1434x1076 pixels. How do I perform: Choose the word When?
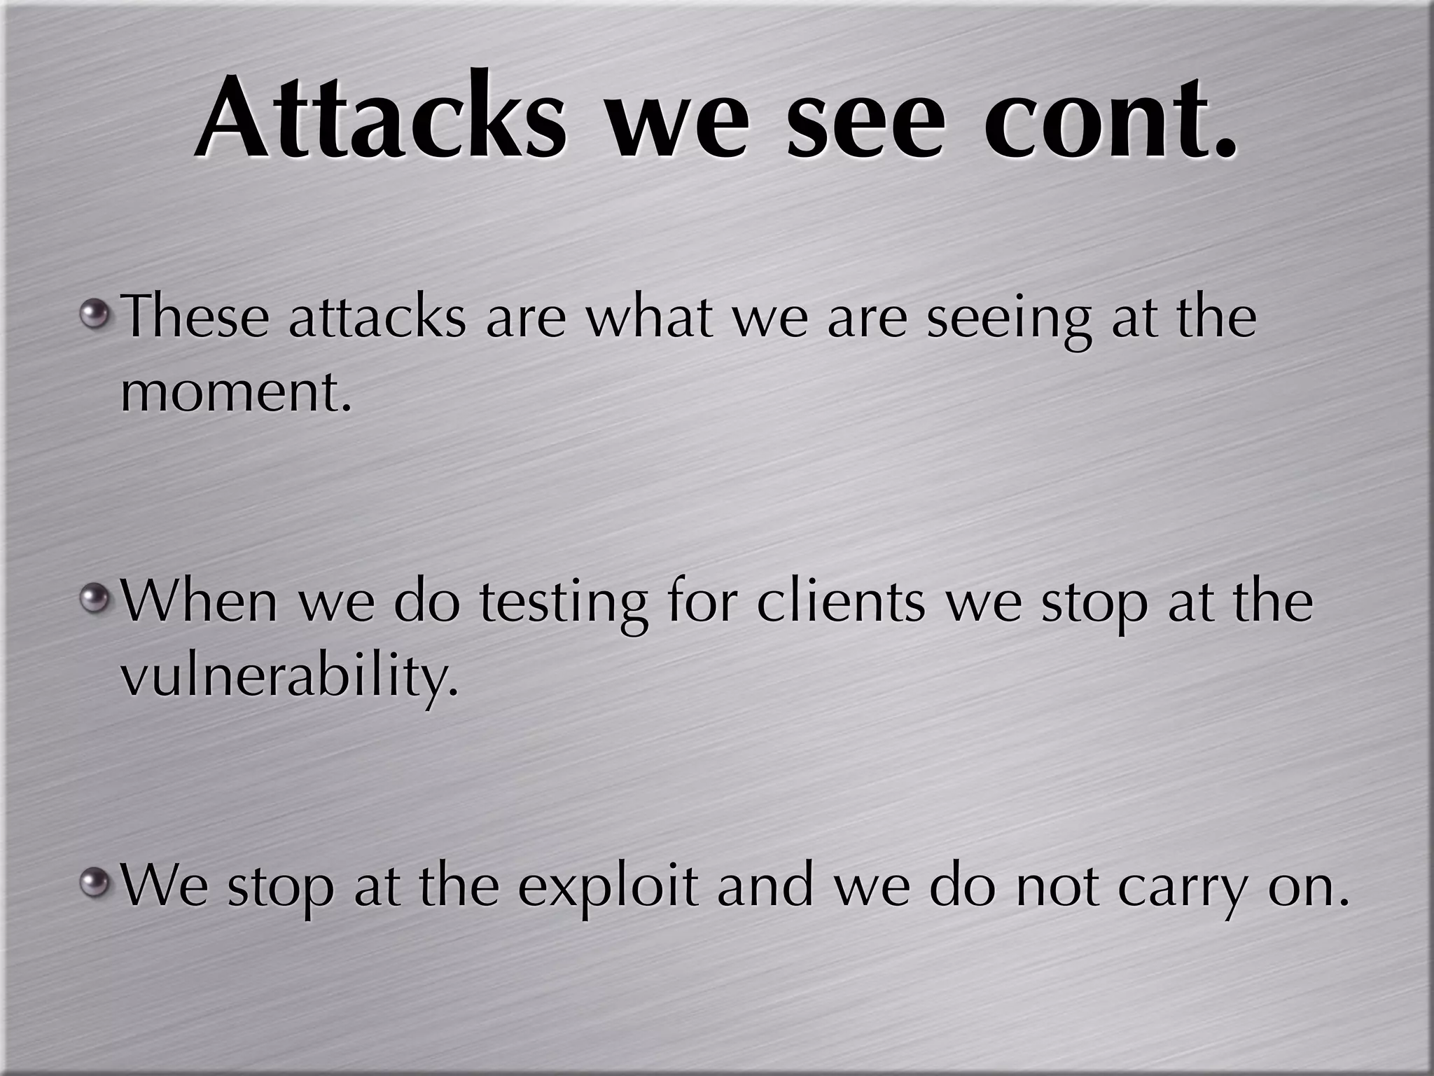tap(200, 600)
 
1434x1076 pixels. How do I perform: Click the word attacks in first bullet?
tap(377, 316)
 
